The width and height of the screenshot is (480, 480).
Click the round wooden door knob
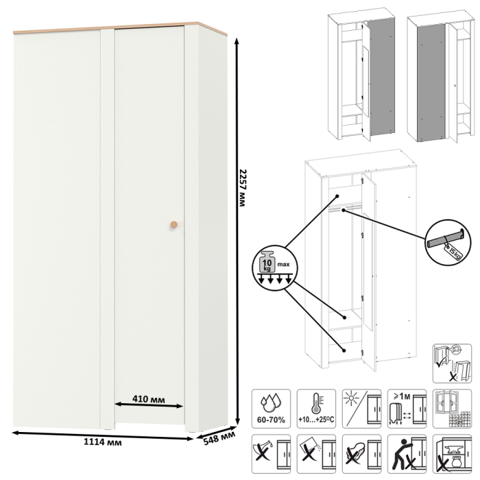point(174,224)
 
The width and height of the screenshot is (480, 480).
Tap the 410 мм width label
point(149,399)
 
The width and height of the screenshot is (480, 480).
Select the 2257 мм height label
point(242,188)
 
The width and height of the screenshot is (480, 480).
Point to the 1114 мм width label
point(103,442)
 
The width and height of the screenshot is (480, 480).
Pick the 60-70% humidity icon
point(271,409)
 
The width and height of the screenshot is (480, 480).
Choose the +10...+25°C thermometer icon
point(316,409)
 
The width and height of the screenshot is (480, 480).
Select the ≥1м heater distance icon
point(407,409)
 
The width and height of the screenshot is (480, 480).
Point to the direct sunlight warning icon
point(361,409)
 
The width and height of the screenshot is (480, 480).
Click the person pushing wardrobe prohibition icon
point(407,454)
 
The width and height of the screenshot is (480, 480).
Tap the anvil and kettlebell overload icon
point(452,454)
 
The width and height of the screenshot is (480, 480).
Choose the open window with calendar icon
point(452,409)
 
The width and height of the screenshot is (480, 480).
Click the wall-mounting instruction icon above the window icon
point(452,363)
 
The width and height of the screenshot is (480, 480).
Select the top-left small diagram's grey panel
point(381,77)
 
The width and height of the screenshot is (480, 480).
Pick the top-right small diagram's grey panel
point(431,82)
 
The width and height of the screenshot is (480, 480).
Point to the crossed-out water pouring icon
point(271,454)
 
